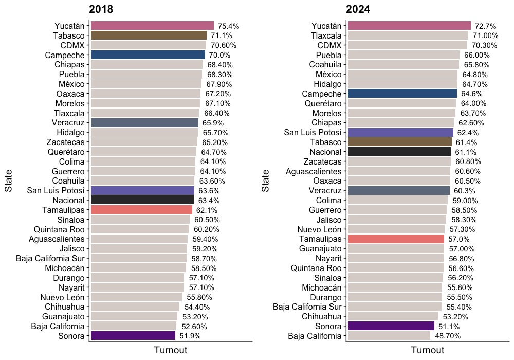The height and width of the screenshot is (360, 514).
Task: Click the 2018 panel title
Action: point(101,9)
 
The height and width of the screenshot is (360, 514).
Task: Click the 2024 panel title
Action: point(358,9)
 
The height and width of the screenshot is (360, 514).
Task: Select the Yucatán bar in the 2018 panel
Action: point(152,26)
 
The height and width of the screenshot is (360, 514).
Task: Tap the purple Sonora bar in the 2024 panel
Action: point(391,326)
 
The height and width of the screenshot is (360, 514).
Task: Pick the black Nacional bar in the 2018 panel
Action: point(142,200)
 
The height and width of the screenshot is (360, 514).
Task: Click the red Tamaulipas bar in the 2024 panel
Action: point(396,239)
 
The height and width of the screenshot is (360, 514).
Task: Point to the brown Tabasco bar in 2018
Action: point(149,35)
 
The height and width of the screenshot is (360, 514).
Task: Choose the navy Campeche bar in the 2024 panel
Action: point(402,94)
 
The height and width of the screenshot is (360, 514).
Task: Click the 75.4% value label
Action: point(228,26)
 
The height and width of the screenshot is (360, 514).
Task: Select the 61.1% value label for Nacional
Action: point(465,152)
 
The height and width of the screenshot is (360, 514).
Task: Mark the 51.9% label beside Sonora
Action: point(190,336)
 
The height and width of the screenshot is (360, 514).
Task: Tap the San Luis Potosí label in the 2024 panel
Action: point(313,133)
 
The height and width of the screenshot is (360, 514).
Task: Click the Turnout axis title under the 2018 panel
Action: point(170,350)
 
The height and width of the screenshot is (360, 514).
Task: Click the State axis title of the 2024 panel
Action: point(265,182)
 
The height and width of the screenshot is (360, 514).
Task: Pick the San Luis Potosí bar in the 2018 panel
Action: point(142,190)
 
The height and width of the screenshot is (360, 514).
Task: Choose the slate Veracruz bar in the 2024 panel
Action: point(398,191)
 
